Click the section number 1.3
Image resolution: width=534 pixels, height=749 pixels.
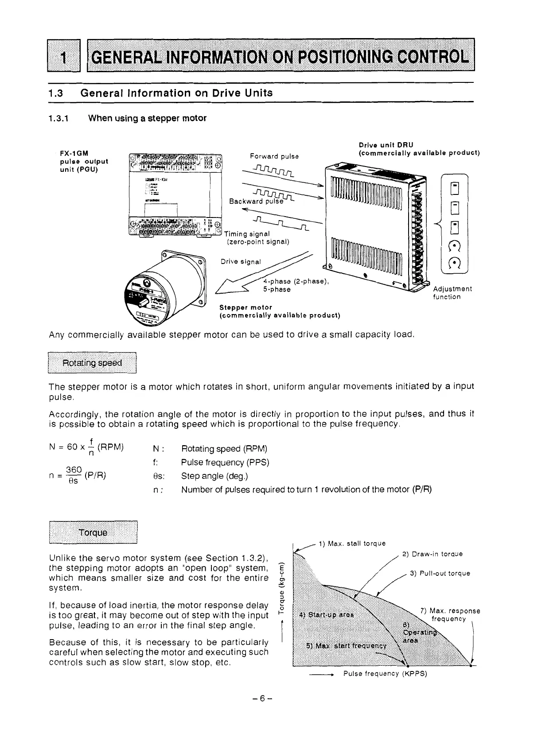pyautogui.click(x=56, y=93)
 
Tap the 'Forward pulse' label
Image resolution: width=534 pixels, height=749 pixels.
pyautogui.click(x=274, y=156)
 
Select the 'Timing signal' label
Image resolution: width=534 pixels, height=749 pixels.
pyautogui.click(x=247, y=234)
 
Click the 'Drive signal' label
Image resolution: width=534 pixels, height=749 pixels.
pyautogui.click(x=241, y=261)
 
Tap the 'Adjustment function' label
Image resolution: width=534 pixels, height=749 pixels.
pyautogui.click(x=452, y=293)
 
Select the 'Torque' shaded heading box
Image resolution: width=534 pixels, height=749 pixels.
pyautogui.click(x=93, y=533)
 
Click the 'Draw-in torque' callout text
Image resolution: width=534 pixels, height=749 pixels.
pyautogui.click(x=432, y=554)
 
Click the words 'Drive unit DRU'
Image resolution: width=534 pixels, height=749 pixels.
pyautogui.click(x=386, y=144)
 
